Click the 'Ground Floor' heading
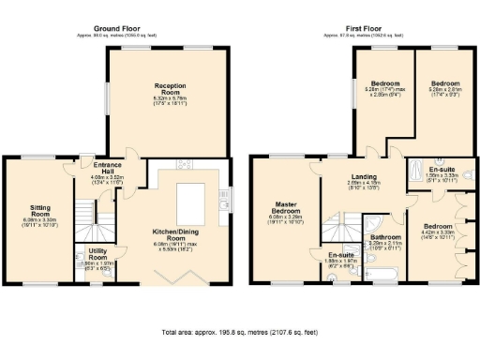pyautogui.click(x=118, y=30)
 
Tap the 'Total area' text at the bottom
pyautogui.click(x=240, y=332)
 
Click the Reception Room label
pyautogui.click(x=170, y=86)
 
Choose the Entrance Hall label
pyautogui.click(x=101, y=165)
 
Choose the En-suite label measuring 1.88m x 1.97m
pyautogui.click(x=339, y=255)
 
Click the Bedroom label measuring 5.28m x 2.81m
pyautogui.click(x=440, y=84)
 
